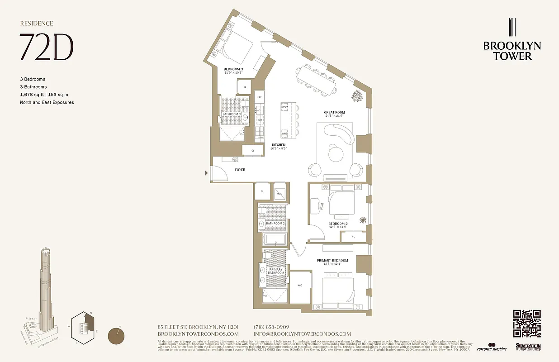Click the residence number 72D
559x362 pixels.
click(x=46, y=47)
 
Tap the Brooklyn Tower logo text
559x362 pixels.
click(x=512, y=51)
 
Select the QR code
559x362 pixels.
click(x=527, y=323)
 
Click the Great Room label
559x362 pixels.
click(x=334, y=113)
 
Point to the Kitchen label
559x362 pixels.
click(x=279, y=145)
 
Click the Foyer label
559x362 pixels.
click(x=240, y=170)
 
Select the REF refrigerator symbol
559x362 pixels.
click(x=260, y=97)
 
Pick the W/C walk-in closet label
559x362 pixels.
click(x=300, y=286)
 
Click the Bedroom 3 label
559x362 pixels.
click(x=233, y=69)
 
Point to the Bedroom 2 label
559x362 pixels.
click(x=337, y=224)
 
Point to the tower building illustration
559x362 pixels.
click(x=45, y=290)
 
